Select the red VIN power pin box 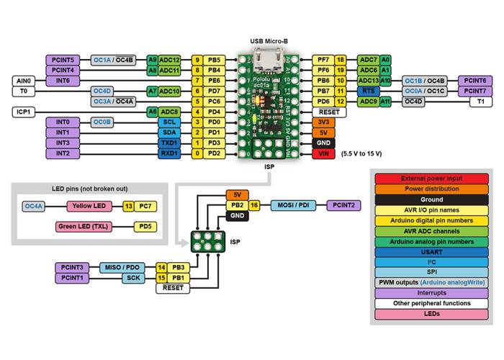tap(323, 153)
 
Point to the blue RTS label tap(367, 91)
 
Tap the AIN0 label tap(23, 81)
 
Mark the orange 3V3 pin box tap(323, 122)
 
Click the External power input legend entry tap(431, 178)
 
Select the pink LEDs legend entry tap(431, 315)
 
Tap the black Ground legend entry tap(431, 199)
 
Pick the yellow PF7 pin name tap(323, 60)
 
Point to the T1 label tap(480, 102)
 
